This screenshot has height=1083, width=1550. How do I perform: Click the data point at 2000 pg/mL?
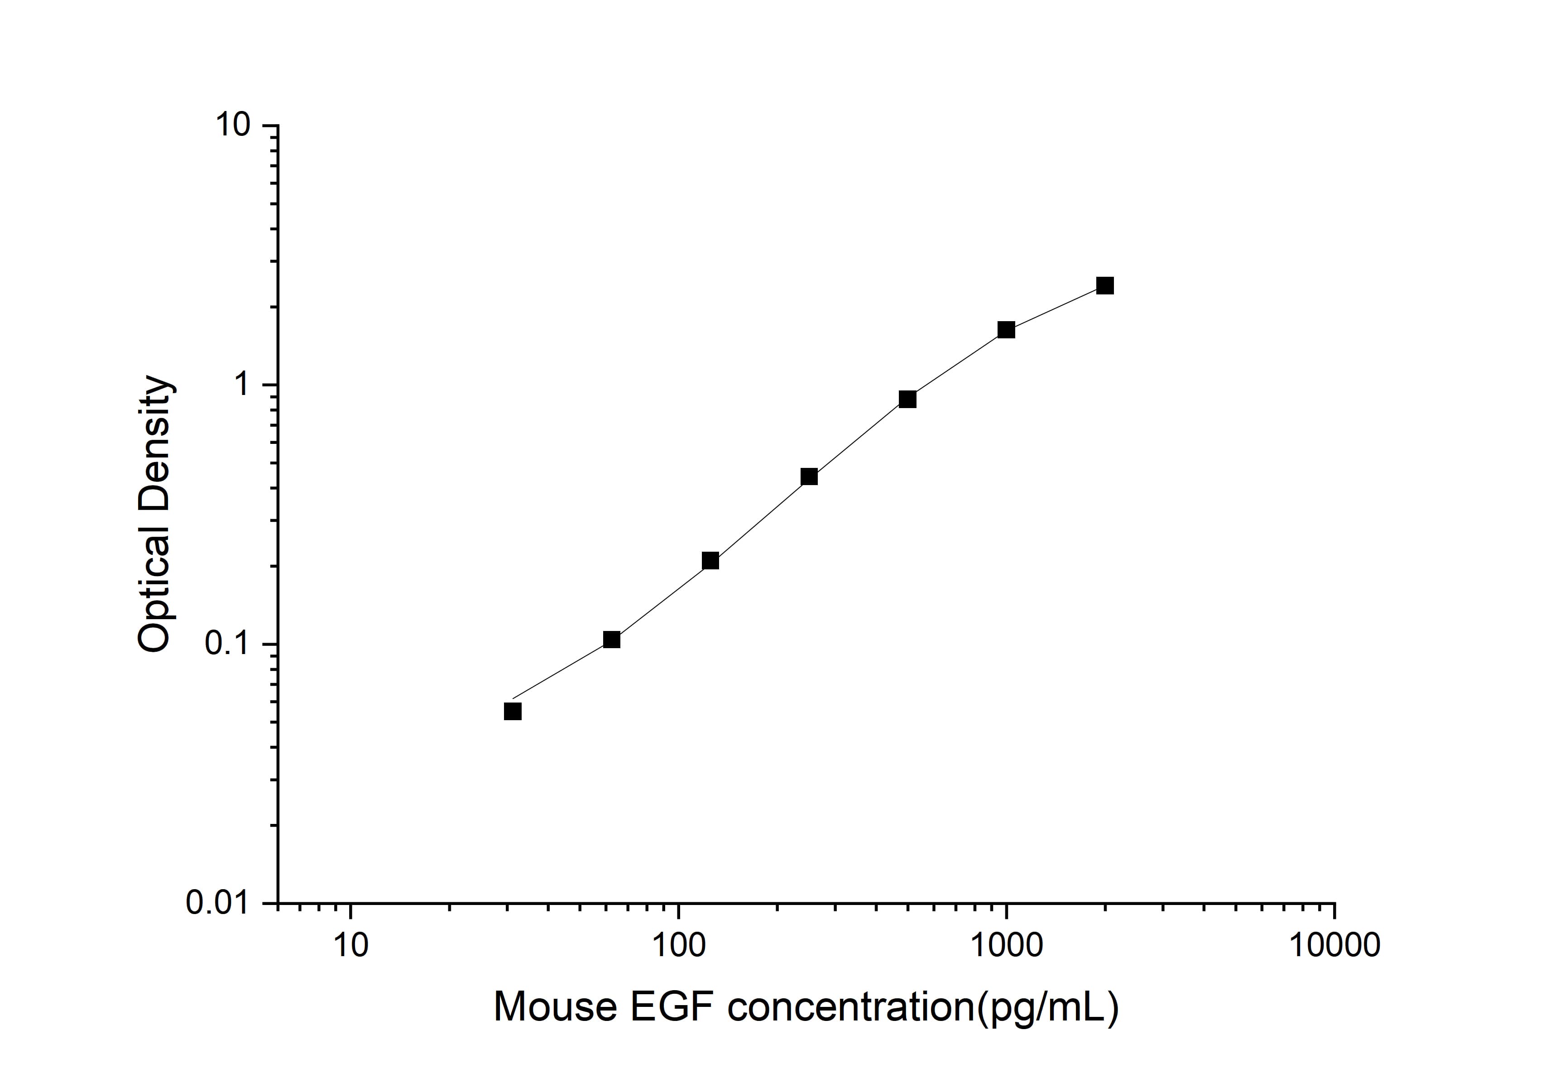1104,286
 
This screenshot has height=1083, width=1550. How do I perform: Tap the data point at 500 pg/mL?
907,400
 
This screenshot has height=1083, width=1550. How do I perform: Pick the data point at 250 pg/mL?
809,477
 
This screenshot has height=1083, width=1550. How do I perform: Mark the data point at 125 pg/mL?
710,561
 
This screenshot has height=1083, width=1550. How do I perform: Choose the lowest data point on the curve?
513,712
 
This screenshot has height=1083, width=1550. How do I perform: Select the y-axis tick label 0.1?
226,644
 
